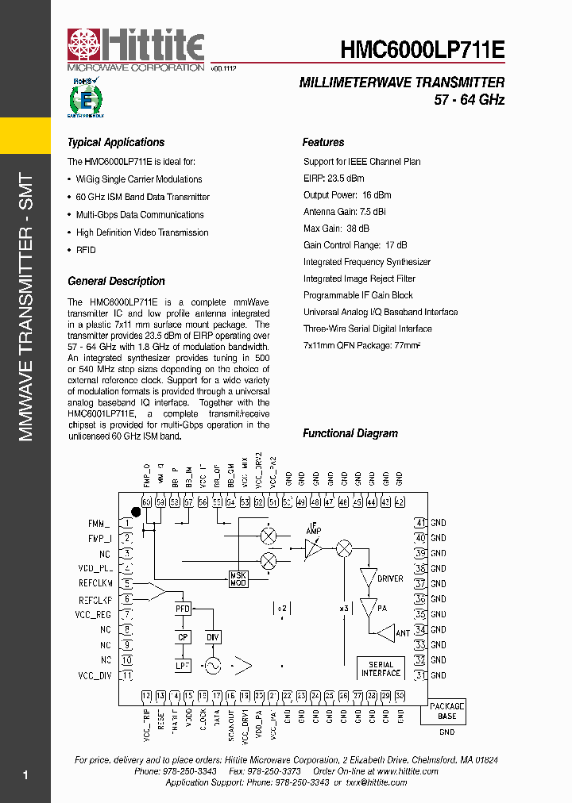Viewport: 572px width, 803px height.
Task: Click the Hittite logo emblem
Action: point(83,45)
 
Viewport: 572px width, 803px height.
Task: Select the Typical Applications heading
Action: point(116,143)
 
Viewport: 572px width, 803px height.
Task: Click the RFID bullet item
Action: point(86,250)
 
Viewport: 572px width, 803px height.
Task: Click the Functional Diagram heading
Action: point(350,434)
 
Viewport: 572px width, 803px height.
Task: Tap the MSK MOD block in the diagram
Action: point(238,579)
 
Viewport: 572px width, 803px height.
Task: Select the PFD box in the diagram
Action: point(184,609)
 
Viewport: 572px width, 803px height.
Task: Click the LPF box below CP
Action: point(184,666)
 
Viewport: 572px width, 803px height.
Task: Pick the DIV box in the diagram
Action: point(212,637)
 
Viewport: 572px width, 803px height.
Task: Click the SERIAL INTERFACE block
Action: point(381,669)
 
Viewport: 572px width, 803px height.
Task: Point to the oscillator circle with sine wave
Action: point(212,666)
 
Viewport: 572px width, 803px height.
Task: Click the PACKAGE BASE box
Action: point(447,711)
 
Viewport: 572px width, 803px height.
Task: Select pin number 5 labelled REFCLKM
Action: point(126,584)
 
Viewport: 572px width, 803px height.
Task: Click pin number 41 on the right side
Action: point(420,522)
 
